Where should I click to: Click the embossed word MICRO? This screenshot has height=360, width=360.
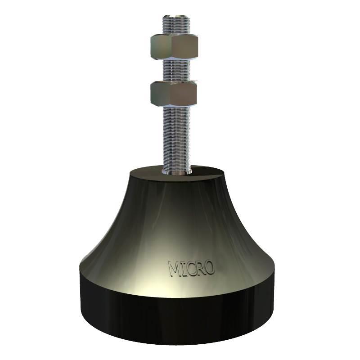tap(191, 268)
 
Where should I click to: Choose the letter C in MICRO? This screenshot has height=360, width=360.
tap(190, 269)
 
